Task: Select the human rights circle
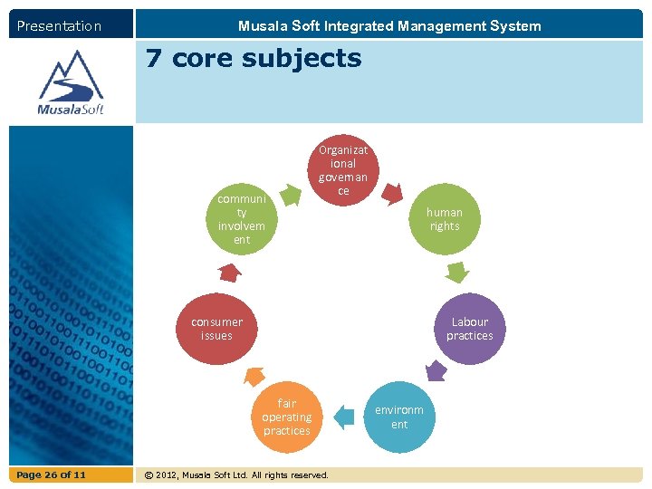444,219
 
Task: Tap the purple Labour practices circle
469,329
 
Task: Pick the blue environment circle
399,417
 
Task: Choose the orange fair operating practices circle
286,417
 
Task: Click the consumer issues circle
216,329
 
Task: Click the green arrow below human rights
459,271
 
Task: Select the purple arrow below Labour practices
436,370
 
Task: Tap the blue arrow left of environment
344,417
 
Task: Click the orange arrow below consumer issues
254,375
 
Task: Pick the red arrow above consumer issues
230,271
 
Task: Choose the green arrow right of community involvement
290,193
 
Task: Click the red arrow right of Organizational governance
391,191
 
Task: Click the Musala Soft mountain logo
71,82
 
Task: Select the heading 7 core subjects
254,59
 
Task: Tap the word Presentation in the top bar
59,26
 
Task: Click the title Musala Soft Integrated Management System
389,26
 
